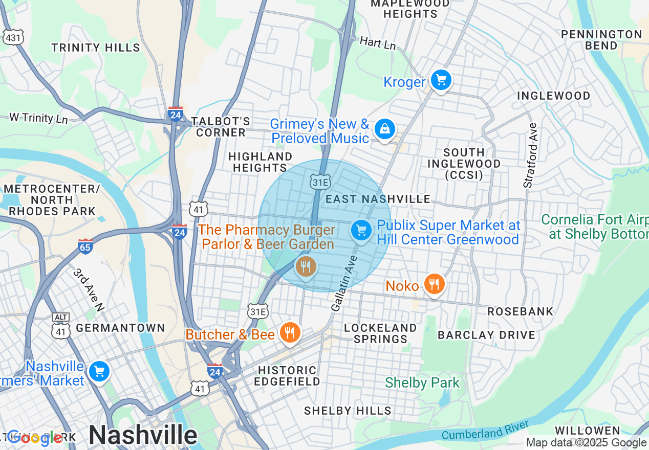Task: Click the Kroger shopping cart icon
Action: click(x=441, y=80)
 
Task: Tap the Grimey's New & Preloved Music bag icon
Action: click(x=384, y=129)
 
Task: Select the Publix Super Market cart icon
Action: click(x=361, y=231)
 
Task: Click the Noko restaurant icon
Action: click(x=434, y=284)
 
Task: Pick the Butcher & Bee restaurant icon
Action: click(x=290, y=333)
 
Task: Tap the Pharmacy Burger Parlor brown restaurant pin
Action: click(x=306, y=266)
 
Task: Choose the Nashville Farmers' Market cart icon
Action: click(x=99, y=372)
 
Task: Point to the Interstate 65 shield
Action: click(x=85, y=246)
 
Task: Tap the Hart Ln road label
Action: click(x=378, y=43)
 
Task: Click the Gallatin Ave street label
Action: click(x=344, y=288)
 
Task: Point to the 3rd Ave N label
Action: click(x=89, y=289)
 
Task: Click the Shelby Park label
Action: click(x=422, y=382)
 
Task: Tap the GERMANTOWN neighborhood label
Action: click(x=120, y=328)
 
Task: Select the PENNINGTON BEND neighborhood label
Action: click(x=601, y=40)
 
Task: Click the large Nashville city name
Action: click(x=143, y=435)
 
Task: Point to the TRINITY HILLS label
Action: click(x=96, y=48)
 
